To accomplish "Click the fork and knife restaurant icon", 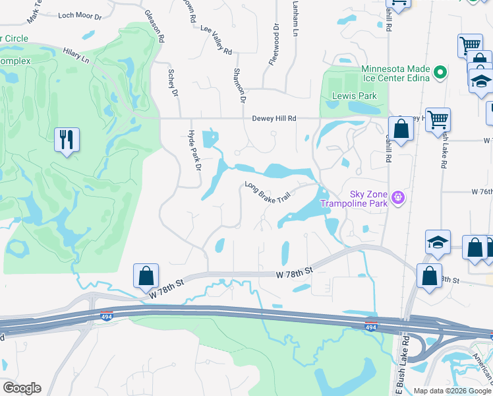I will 67,140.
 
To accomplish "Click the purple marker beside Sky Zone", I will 397,197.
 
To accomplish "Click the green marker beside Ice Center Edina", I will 441,71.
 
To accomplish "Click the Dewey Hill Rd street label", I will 274,118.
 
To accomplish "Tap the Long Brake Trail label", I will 267,193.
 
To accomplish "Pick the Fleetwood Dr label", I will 274,46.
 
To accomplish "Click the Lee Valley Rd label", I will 216,41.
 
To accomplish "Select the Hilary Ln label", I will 76,55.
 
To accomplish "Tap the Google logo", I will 22,388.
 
